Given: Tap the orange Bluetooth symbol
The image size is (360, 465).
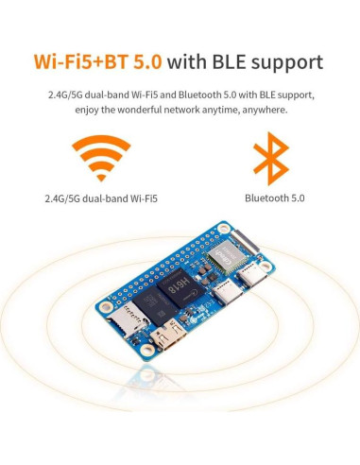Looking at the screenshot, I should [271, 159].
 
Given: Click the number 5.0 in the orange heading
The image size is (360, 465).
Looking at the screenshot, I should [145, 63].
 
